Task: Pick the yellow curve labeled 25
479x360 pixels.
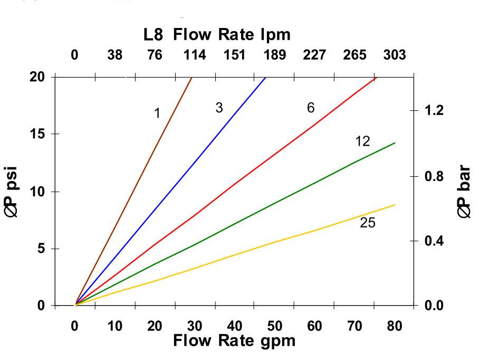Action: click(274, 243)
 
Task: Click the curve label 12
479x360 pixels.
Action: click(362, 141)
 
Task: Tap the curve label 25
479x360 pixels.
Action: click(368, 223)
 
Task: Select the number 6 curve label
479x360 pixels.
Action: click(311, 108)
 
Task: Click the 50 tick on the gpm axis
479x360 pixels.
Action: click(274, 326)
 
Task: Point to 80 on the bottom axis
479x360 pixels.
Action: click(395, 326)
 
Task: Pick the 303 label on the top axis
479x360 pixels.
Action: click(395, 55)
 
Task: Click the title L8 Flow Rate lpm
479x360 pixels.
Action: click(217, 36)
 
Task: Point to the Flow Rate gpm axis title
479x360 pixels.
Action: click(234, 340)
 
